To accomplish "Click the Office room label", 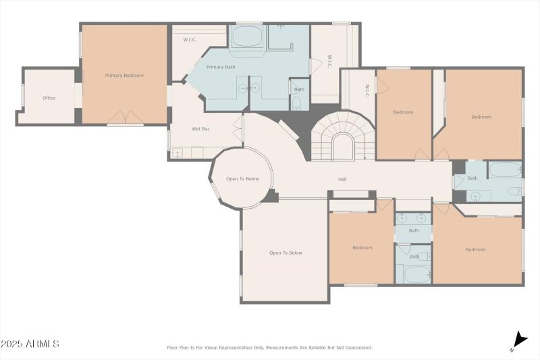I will point(49,99).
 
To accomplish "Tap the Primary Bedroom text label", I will point(124,76).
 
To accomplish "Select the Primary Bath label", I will point(221,68).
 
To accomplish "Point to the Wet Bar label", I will point(200,128).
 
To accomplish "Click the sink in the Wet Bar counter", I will point(177,153).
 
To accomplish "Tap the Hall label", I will point(343,180).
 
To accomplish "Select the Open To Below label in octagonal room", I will point(242,179).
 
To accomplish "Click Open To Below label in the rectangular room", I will point(286,253).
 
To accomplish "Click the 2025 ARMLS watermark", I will point(30,344).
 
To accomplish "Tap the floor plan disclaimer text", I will point(269,348).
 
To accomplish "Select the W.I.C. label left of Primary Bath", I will point(190,40).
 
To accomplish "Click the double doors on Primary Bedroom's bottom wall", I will point(125,118).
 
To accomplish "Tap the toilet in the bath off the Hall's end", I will point(515,190).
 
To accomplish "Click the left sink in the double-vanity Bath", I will point(402,218).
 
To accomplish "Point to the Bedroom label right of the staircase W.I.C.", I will point(403,112).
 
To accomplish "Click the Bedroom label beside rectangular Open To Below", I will point(362,248).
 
